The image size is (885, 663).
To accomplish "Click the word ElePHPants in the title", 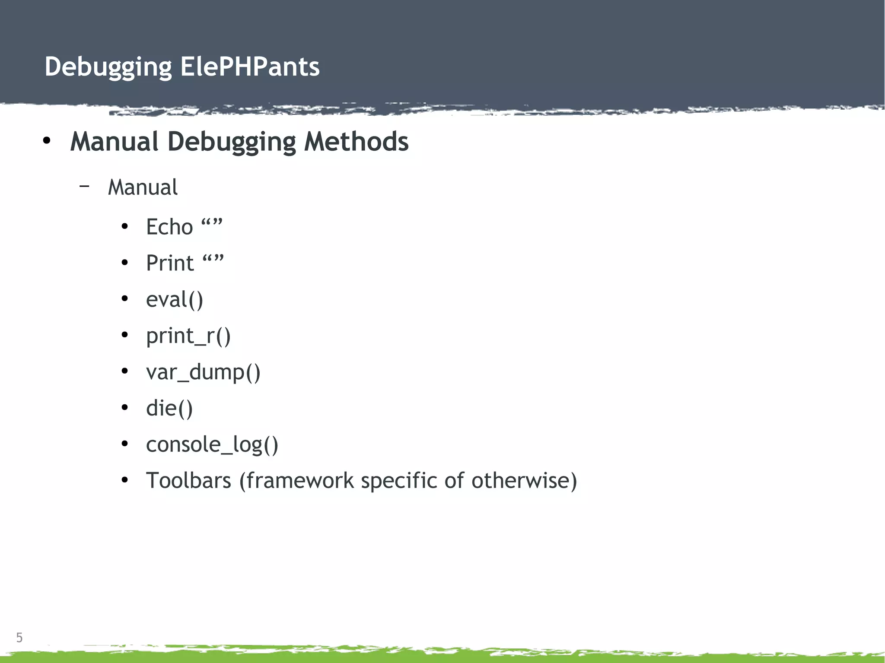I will pyautogui.click(x=250, y=67).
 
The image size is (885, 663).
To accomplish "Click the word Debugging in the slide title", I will pyautogui.click(x=108, y=68).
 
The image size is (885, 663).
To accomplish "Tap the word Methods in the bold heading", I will pyautogui.click(x=356, y=142).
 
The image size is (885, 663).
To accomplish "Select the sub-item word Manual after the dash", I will pyautogui.click(x=143, y=187).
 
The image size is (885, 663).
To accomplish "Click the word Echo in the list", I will pyautogui.click(x=169, y=227).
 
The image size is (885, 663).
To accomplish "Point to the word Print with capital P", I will pyautogui.click(x=170, y=263).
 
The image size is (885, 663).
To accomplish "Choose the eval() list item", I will pyautogui.click(x=174, y=300).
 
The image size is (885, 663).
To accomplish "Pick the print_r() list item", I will pyautogui.click(x=188, y=336).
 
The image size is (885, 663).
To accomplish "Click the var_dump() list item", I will pyautogui.click(x=203, y=372).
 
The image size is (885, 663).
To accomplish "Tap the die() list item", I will pyautogui.click(x=169, y=409).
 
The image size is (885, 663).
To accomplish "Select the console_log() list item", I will pyautogui.click(x=212, y=445).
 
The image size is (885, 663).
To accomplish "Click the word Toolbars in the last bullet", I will pyautogui.click(x=188, y=481).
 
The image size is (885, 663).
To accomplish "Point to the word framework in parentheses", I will pyautogui.click(x=296, y=481).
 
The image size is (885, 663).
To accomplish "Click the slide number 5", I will pyautogui.click(x=19, y=638).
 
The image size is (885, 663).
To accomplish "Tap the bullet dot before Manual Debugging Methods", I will pyautogui.click(x=47, y=141).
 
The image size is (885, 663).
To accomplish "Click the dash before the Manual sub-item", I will pyautogui.click(x=85, y=186).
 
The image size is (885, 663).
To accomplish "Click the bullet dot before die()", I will pyautogui.click(x=125, y=407).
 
